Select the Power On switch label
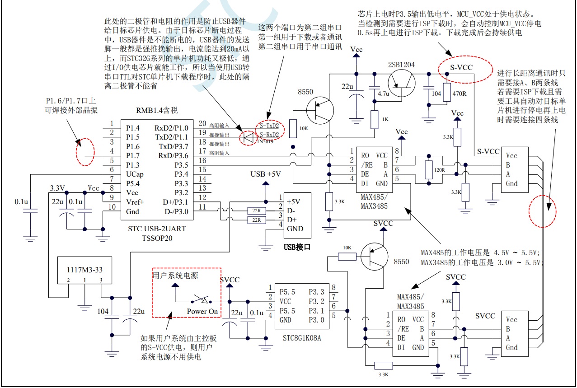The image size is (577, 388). point(202,311)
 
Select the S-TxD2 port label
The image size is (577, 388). point(269,125)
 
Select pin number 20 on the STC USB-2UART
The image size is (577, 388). point(202,123)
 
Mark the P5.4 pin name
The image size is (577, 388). point(134,183)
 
